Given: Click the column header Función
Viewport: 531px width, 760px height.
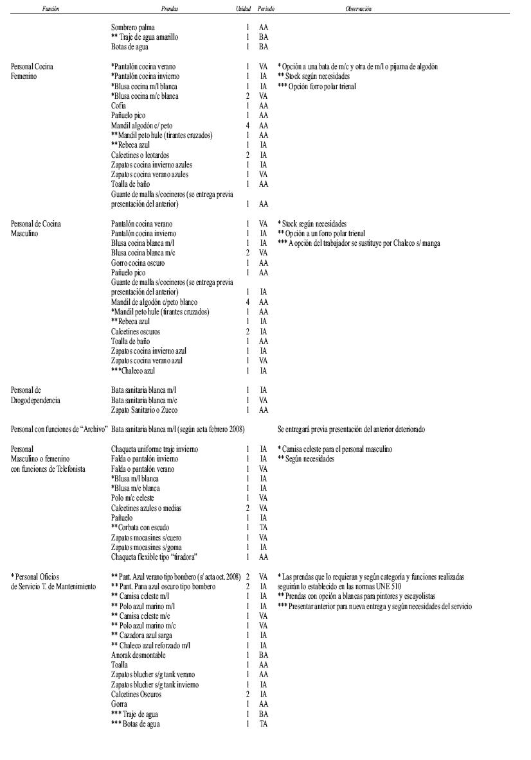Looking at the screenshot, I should pyautogui.click(x=51, y=9).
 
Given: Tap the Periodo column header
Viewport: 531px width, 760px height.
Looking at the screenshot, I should pyautogui.click(x=265, y=9).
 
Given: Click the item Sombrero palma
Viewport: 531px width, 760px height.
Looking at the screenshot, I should pyautogui.click(x=132, y=28).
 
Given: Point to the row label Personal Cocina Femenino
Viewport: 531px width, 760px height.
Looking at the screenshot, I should pyautogui.click(x=32, y=71).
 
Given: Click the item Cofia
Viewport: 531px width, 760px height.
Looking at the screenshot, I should pyautogui.click(x=118, y=106).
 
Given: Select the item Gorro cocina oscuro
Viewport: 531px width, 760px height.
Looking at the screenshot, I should pyautogui.click(x=138, y=263).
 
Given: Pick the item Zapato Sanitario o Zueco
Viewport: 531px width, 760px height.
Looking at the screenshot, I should pyautogui.click(x=144, y=410).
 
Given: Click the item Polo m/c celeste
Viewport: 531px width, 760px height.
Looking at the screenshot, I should pyautogui.click(x=132, y=498).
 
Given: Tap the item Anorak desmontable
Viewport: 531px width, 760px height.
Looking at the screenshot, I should pyautogui.click(x=138, y=655).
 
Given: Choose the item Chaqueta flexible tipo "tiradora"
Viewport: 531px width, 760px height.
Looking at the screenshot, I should pyautogui.click(x=154, y=557).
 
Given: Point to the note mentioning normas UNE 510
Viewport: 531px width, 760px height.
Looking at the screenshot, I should pyautogui.click(x=340, y=587).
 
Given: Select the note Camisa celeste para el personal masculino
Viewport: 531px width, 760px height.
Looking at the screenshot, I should pyautogui.click(x=334, y=449).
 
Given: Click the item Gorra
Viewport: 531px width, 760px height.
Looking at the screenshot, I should pyautogui.click(x=119, y=704).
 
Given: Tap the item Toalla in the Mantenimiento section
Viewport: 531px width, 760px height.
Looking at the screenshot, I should pyautogui.click(x=120, y=665).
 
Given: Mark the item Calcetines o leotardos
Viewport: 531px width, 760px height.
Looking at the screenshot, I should pyautogui.click(x=139, y=155).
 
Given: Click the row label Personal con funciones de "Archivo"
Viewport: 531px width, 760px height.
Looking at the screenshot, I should pyautogui.click(x=59, y=429).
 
